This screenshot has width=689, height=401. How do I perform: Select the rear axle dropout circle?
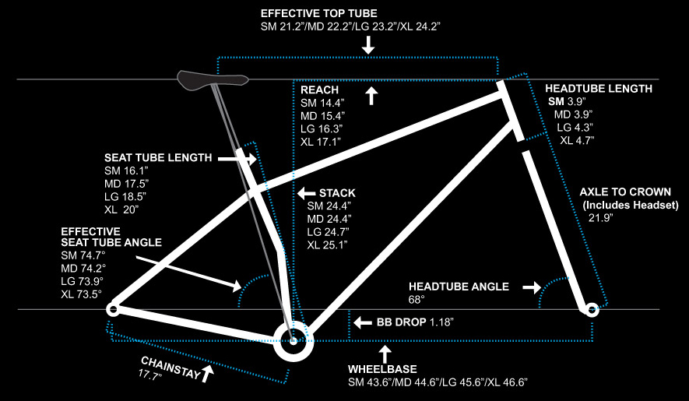click(x=114, y=309)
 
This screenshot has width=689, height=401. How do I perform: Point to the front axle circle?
click(x=591, y=310)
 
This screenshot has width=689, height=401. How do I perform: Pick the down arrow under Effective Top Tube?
click(x=368, y=46)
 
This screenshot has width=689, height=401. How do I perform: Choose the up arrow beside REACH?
click(x=371, y=96)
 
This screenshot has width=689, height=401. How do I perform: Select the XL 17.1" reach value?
click(x=321, y=142)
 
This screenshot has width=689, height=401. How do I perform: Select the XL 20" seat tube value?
click(x=121, y=209)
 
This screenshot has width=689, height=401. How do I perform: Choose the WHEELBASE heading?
click(x=382, y=368)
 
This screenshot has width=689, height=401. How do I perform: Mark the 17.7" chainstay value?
click(x=150, y=375)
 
